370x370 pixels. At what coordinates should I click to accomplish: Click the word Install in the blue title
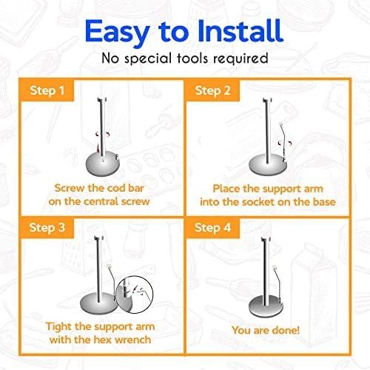[x=240, y=31]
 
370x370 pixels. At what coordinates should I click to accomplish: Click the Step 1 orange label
[x=47, y=90]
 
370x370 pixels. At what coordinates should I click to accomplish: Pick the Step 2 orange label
[x=212, y=90]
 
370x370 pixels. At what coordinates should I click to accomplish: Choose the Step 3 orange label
[x=47, y=227]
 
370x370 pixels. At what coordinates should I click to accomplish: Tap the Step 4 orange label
[x=212, y=227]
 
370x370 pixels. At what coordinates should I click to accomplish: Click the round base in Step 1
[x=103, y=165]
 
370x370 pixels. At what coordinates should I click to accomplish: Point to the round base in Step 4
[x=265, y=306]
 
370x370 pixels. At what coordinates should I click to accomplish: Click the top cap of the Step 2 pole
[x=267, y=101]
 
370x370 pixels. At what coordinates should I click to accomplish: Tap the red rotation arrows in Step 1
[x=103, y=135]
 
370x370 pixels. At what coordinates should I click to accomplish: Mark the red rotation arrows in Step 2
[x=285, y=143]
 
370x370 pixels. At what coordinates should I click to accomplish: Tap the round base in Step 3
[x=98, y=304]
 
